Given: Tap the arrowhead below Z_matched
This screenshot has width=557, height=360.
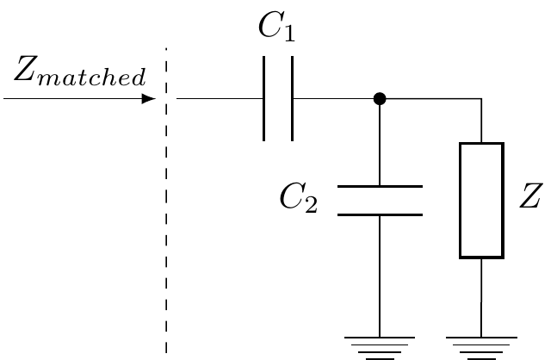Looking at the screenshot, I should tap(148, 99).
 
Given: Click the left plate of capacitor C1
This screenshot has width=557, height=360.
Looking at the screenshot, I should tap(264, 99).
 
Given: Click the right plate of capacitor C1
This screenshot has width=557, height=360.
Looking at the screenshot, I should tap(292, 99).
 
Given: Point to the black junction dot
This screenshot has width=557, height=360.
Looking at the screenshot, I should tap(380, 99).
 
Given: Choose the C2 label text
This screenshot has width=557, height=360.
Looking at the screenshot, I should tap(298, 200).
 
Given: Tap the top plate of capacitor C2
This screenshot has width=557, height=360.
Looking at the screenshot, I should tap(380, 186).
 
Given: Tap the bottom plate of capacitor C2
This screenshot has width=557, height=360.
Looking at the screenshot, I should tap(380, 214).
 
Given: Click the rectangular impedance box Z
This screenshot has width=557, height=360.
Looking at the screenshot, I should tap(481, 200).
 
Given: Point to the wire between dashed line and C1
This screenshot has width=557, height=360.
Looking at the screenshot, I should tap(220, 99).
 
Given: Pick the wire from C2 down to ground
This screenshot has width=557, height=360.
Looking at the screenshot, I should tap(380, 276).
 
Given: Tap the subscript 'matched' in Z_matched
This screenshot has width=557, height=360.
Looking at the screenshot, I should tap(95, 79).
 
